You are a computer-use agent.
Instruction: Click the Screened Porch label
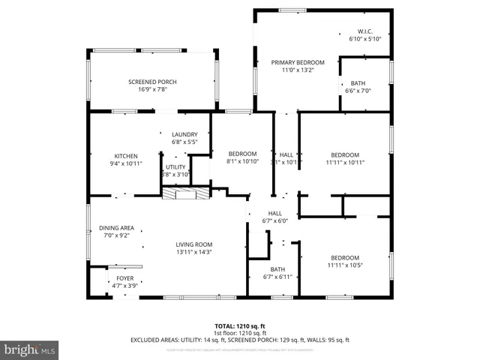[x=151, y=82]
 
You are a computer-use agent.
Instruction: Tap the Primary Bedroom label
[x=298, y=62]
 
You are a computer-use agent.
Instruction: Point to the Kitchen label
[x=126, y=155]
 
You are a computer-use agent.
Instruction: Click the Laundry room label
[x=184, y=134]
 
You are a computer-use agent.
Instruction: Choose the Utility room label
[x=175, y=167]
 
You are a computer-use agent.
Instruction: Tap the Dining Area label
[x=117, y=228]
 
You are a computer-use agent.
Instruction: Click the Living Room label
[x=194, y=244]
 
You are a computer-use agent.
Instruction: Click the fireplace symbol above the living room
[x=184, y=194]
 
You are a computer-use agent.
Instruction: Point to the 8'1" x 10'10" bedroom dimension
[x=242, y=161]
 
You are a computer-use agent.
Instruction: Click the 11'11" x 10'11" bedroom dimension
[x=345, y=162]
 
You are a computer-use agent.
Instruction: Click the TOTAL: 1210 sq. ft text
[x=240, y=326]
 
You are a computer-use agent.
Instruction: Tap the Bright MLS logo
[x=30, y=349]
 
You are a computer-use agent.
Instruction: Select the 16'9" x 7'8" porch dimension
[x=151, y=89]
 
